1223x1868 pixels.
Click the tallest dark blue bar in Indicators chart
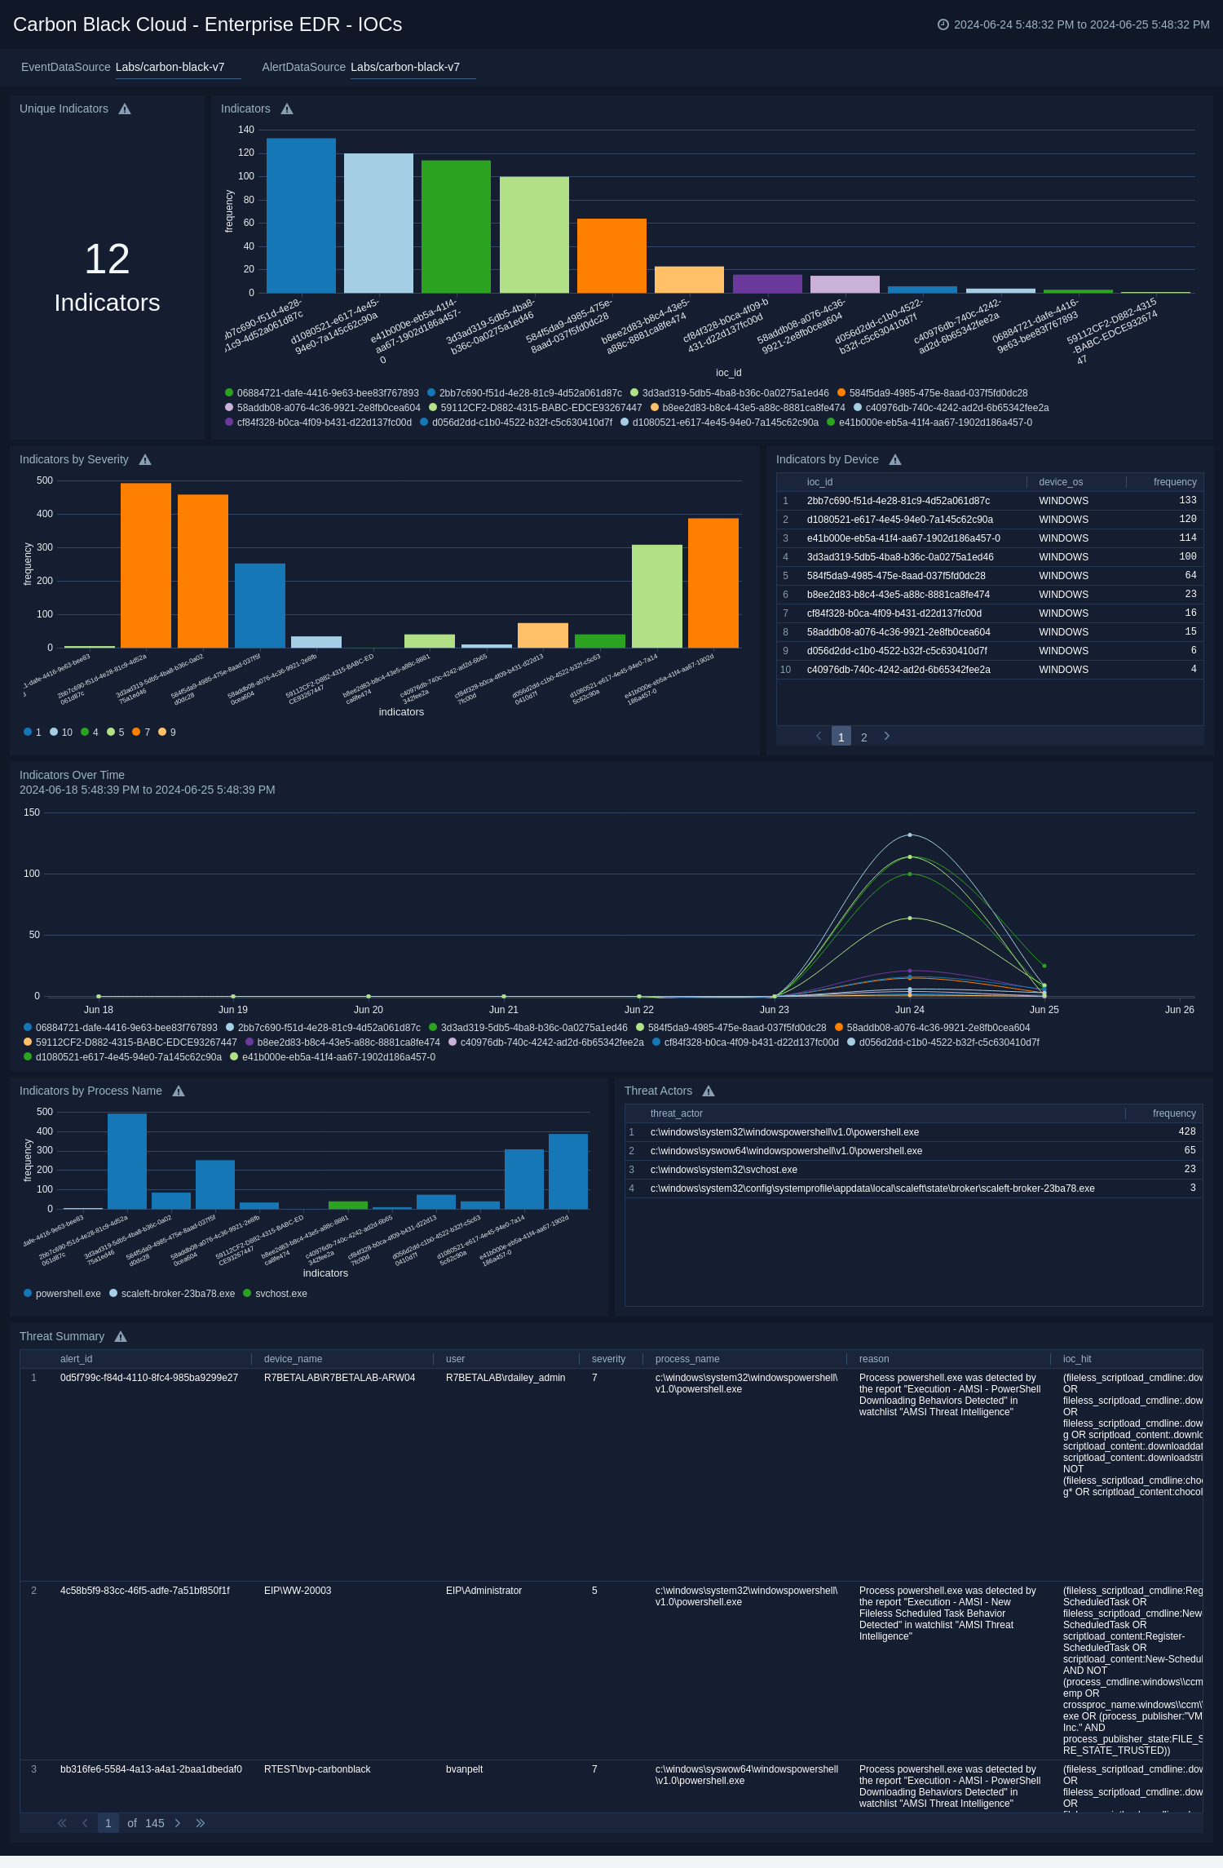(x=301, y=215)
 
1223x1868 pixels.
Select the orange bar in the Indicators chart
(x=611, y=255)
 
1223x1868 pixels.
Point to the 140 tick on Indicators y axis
(x=246, y=130)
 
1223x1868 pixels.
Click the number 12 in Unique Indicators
(x=107, y=259)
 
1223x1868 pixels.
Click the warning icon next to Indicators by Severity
(x=145, y=460)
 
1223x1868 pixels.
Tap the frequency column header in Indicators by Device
(x=1174, y=482)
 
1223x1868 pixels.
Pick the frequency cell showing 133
(x=1187, y=501)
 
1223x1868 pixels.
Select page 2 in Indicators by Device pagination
(x=864, y=737)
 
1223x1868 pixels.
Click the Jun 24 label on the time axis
(x=909, y=1010)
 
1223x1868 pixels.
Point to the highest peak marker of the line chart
(x=910, y=835)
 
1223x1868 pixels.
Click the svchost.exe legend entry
(x=280, y=1294)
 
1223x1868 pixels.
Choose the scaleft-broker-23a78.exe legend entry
(x=177, y=1294)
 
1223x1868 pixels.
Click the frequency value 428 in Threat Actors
(x=1186, y=1132)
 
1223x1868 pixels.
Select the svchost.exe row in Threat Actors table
(x=724, y=1170)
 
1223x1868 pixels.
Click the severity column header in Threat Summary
(x=608, y=1359)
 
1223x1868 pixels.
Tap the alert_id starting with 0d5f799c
(x=149, y=1378)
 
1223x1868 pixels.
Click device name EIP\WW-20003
(x=298, y=1591)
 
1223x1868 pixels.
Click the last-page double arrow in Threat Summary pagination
(x=201, y=1823)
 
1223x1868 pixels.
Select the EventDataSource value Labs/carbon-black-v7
(x=170, y=67)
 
